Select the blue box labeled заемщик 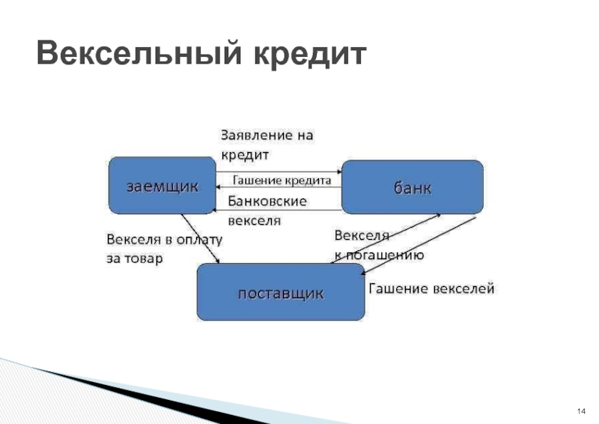pyautogui.click(x=161, y=185)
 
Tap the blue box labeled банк pyautogui.click(x=413, y=187)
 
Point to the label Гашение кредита pyautogui.click(x=278, y=181)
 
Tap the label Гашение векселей pyautogui.click(x=431, y=288)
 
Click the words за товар pyautogui.click(x=134, y=258)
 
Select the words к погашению pyautogui.click(x=380, y=255)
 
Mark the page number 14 pyautogui.click(x=580, y=412)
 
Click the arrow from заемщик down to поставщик pyautogui.click(x=201, y=239)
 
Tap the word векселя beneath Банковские pyautogui.click(x=254, y=221)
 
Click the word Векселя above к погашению pyautogui.click(x=361, y=236)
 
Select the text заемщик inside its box pyautogui.click(x=162, y=186)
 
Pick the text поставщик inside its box pyautogui.click(x=281, y=293)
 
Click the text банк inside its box pyautogui.click(x=413, y=187)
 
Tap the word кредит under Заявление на pyautogui.click(x=243, y=154)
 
